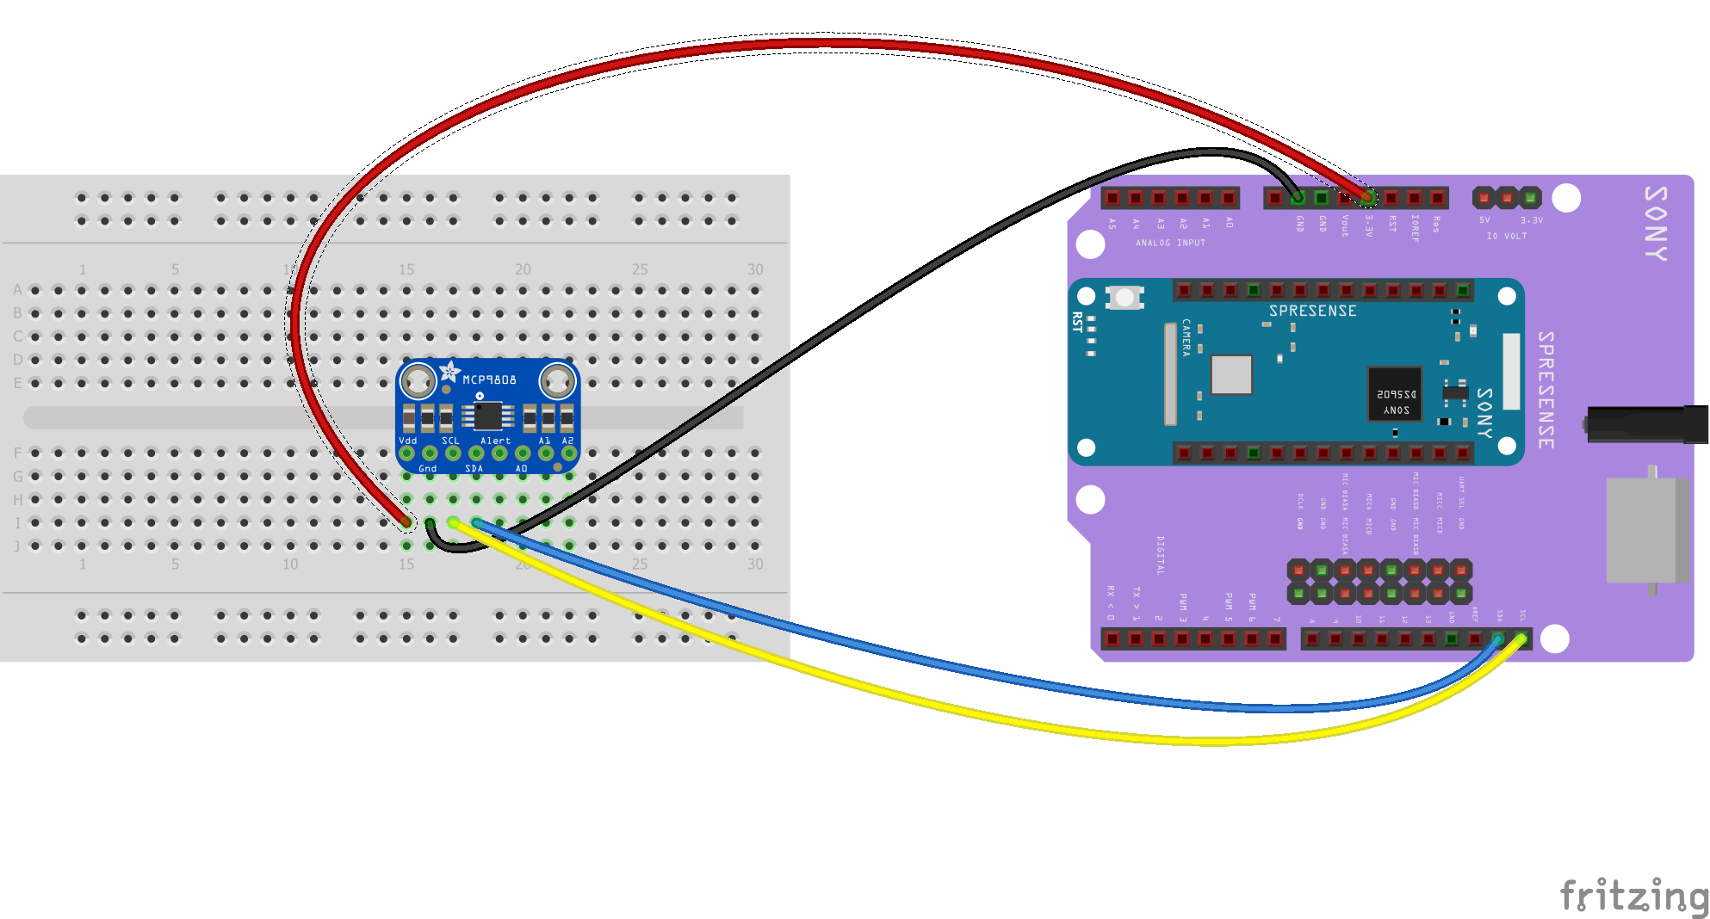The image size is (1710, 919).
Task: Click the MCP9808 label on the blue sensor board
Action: (489, 379)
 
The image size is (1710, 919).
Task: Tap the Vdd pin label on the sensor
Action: (407, 441)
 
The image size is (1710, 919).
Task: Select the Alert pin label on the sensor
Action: (495, 441)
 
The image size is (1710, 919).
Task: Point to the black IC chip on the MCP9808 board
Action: (487, 416)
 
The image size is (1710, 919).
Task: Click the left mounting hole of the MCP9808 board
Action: (418, 380)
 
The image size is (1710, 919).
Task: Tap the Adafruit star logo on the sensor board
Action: (449, 372)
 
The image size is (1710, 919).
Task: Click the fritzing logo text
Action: (1633, 896)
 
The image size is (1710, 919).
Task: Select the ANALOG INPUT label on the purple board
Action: (1170, 244)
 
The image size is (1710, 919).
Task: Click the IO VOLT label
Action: (1506, 236)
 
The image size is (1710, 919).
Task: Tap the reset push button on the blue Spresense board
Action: (1125, 298)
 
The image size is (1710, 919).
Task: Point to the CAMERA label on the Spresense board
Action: (1186, 337)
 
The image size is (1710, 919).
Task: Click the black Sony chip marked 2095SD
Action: (1395, 394)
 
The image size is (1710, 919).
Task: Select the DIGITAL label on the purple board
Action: (1160, 555)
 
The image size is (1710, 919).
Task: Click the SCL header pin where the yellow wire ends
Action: (1521, 639)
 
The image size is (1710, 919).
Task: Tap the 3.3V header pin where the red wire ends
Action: (1367, 199)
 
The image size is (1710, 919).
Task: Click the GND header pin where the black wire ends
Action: (1298, 199)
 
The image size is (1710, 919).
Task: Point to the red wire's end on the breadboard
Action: (406, 521)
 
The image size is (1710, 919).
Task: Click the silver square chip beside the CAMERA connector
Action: (1231, 374)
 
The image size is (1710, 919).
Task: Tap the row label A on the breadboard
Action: (17, 290)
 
